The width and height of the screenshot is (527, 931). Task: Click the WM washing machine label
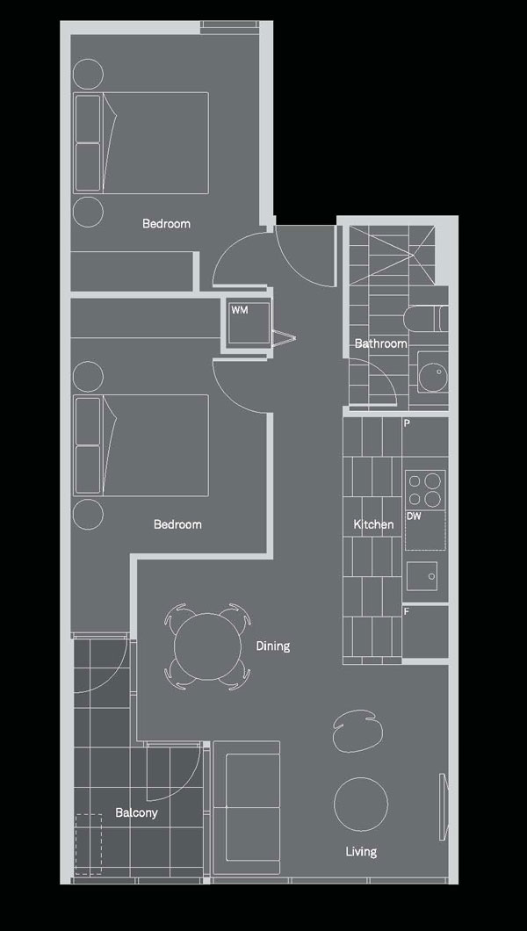(x=239, y=310)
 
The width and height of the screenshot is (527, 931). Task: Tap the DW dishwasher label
(x=414, y=516)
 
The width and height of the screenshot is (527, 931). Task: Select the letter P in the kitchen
(x=407, y=424)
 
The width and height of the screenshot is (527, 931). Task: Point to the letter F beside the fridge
(x=407, y=610)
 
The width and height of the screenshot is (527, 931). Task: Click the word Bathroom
(x=381, y=343)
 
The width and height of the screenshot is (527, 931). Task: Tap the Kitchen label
(x=373, y=524)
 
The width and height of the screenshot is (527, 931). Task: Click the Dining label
(x=273, y=646)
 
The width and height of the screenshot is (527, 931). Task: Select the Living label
(x=361, y=852)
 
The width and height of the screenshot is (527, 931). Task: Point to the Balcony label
(x=136, y=812)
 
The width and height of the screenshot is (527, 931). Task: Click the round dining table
(x=206, y=646)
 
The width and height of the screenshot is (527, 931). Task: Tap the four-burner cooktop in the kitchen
(x=425, y=490)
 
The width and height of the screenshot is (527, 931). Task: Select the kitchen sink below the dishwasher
(x=422, y=576)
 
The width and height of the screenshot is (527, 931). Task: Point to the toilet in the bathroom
(x=425, y=318)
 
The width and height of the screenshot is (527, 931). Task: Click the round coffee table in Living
(x=361, y=804)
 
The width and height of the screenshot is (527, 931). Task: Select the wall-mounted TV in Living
(x=442, y=806)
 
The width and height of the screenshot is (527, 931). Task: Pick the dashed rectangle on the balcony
(x=89, y=844)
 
